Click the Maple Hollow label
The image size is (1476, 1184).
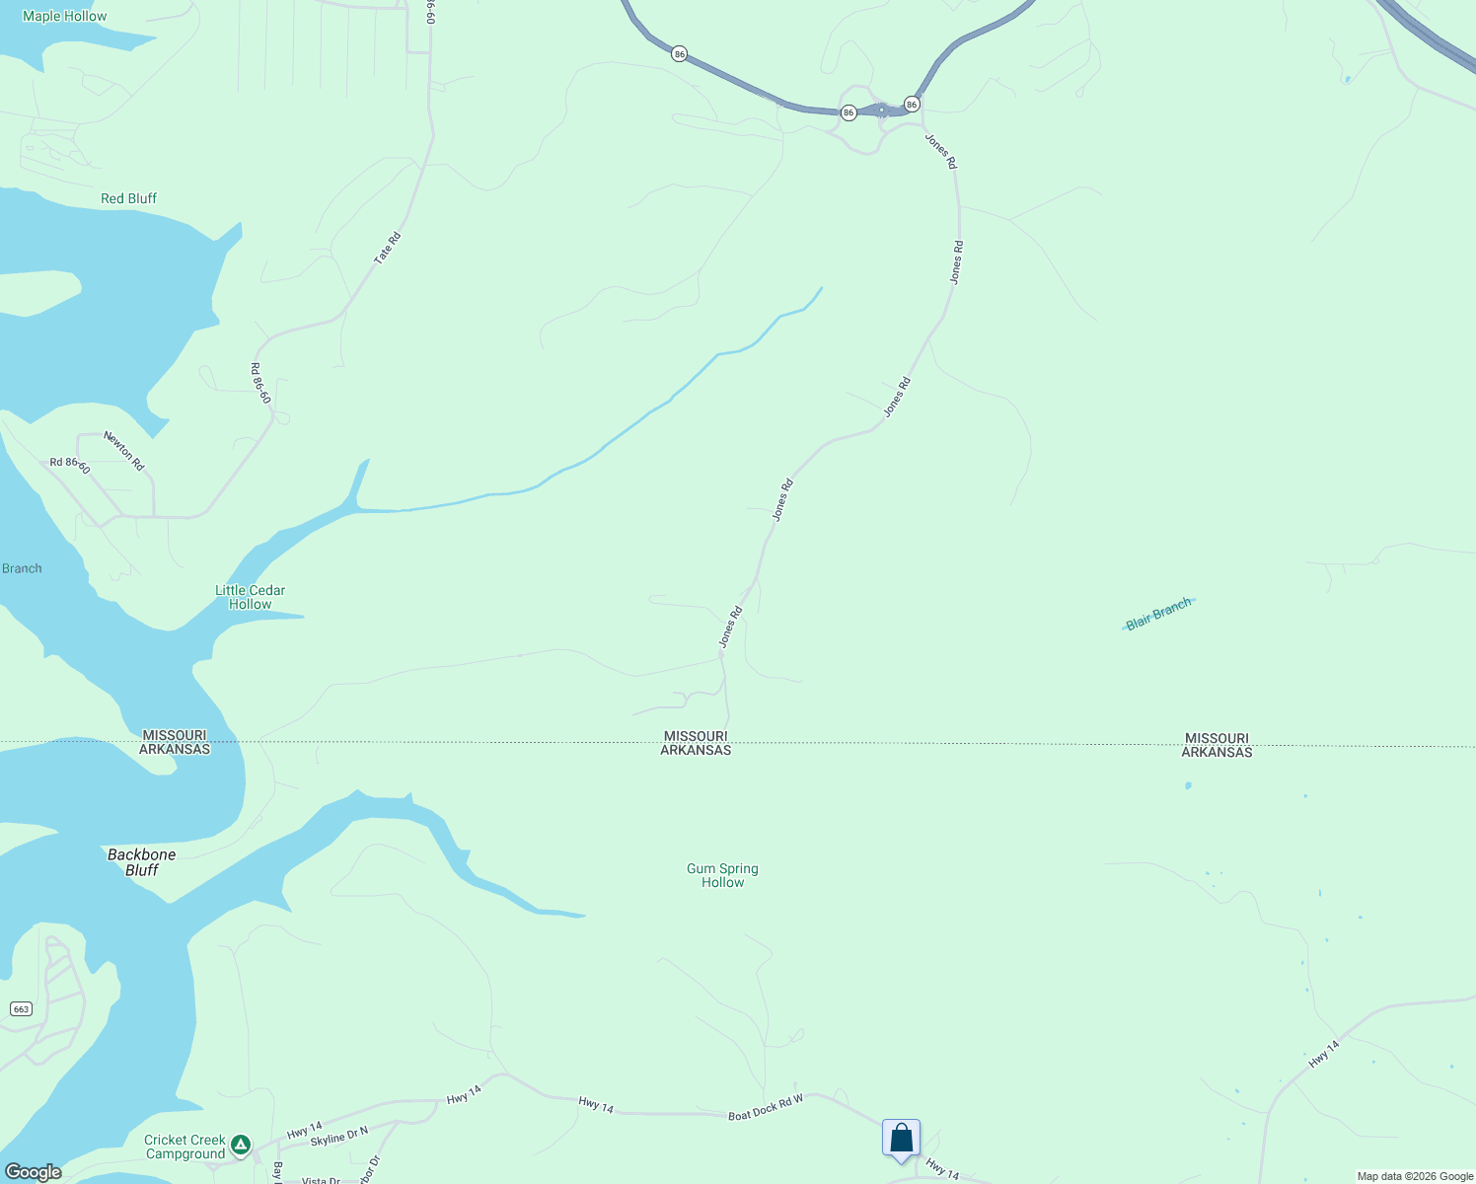point(65,16)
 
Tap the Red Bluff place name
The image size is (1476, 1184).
point(128,198)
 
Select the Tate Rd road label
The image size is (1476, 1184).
point(388,248)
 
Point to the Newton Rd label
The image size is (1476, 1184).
point(125,450)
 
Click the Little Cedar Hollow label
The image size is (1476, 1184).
point(251,597)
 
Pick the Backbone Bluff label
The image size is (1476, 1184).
point(142,862)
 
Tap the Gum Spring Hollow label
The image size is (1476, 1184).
point(722,875)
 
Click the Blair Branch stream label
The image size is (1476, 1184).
point(1158,615)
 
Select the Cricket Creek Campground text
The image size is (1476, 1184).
point(185,1147)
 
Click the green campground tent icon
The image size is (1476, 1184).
point(241,1146)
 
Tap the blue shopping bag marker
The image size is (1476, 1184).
point(901,1138)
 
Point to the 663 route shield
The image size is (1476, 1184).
point(22,1008)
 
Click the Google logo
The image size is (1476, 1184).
point(34,1172)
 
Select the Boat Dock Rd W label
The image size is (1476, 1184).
point(766,1108)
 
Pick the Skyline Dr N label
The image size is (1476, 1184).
point(338,1137)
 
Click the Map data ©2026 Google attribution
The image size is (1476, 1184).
point(1415,1176)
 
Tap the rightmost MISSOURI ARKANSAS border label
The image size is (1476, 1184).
point(1217,745)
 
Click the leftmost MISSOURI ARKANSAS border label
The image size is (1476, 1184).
point(175,742)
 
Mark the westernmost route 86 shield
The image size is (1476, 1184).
point(679,53)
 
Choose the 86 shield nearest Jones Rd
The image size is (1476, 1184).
point(912,104)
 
